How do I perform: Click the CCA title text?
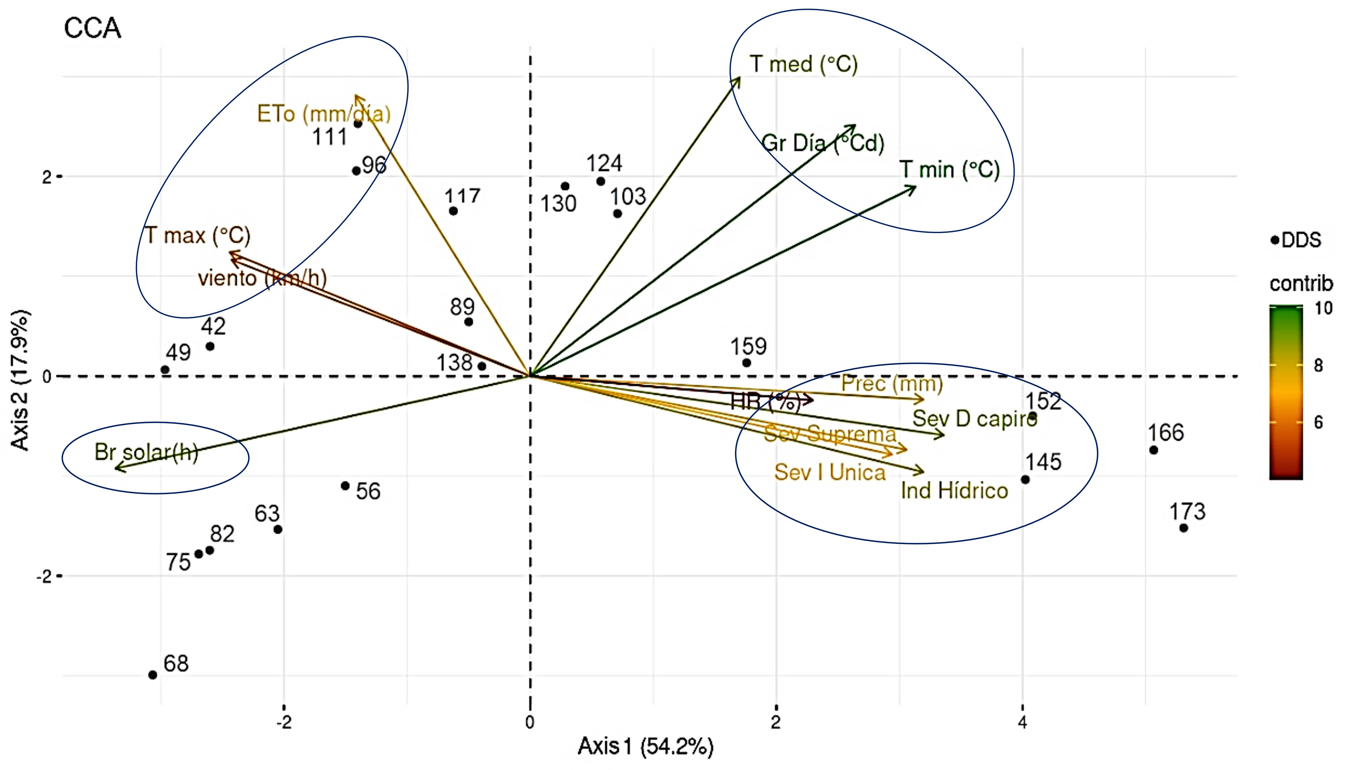pos(93,28)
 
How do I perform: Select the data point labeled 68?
pos(153,675)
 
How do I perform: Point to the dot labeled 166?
pos(1154,450)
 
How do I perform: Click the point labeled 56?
pos(345,485)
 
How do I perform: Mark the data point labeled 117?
pos(453,211)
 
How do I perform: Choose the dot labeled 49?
pos(165,370)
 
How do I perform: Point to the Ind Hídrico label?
pos(954,491)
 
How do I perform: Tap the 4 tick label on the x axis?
pos(1022,722)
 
